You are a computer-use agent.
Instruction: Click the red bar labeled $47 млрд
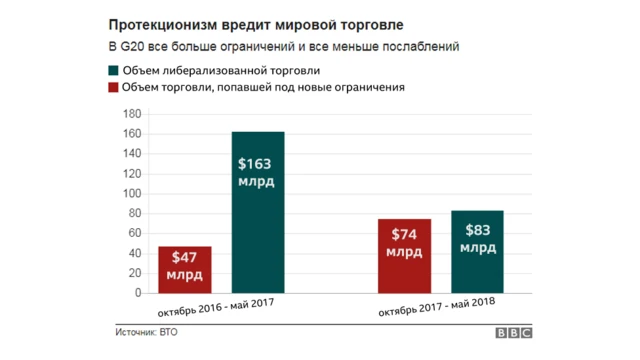coord(185,270)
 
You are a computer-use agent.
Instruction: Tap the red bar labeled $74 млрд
coord(404,256)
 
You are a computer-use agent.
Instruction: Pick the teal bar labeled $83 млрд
coord(477,252)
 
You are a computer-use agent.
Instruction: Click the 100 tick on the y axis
coord(130,194)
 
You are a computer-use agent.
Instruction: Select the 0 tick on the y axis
coord(137,294)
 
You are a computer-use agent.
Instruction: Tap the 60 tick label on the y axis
coord(133,234)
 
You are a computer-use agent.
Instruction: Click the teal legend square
coord(114,70)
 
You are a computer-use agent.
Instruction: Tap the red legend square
coord(114,88)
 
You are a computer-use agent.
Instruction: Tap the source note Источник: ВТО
coord(148,332)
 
